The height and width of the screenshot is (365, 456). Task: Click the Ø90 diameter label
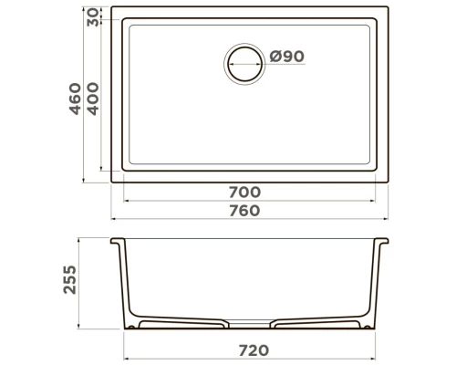[287, 57]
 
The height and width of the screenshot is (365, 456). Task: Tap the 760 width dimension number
[244, 211]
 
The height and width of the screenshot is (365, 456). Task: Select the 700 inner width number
[244, 192]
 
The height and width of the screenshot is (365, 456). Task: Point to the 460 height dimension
[76, 99]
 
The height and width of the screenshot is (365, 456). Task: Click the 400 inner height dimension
[93, 99]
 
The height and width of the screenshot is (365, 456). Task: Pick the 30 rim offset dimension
[93, 17]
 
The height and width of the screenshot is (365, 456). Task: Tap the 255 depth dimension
[69, 279]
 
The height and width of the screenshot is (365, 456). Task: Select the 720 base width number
[254, 350]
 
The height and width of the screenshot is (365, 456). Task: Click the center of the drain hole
[244, 64]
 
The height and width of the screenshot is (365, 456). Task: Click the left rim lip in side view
[117, 241]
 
